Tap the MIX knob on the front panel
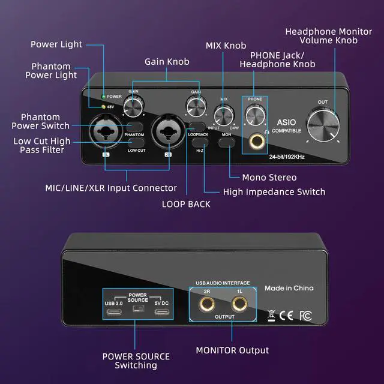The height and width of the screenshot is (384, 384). tap(224, 114)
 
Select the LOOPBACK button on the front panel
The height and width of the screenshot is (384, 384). tap(197, 125)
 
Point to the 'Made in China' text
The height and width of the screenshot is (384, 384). tap(289, 288)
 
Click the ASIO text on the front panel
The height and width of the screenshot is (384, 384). tap(282, 121)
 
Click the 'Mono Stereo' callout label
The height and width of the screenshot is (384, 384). tap(269, 178)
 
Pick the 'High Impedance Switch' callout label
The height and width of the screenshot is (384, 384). tap(274, 192)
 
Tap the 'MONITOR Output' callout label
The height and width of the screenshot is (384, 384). tap(233, 350)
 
